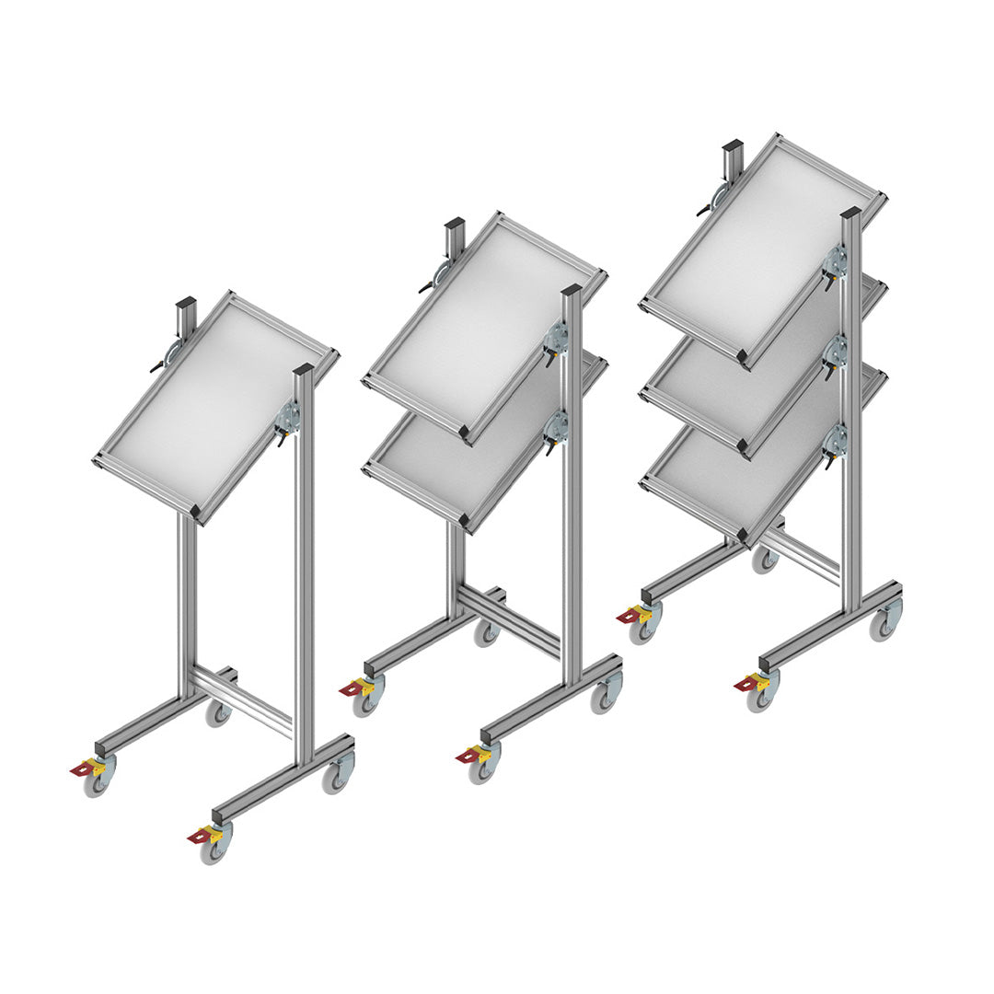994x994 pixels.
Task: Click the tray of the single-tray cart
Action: point(216,405)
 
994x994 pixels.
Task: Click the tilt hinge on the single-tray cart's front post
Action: point(286,419)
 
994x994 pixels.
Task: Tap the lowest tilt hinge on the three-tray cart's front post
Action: point(835,440)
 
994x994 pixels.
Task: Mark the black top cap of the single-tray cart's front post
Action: point(304,370)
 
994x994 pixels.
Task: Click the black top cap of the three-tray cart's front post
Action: point(850,213)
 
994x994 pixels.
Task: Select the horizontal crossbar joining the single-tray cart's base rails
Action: point(244,699)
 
